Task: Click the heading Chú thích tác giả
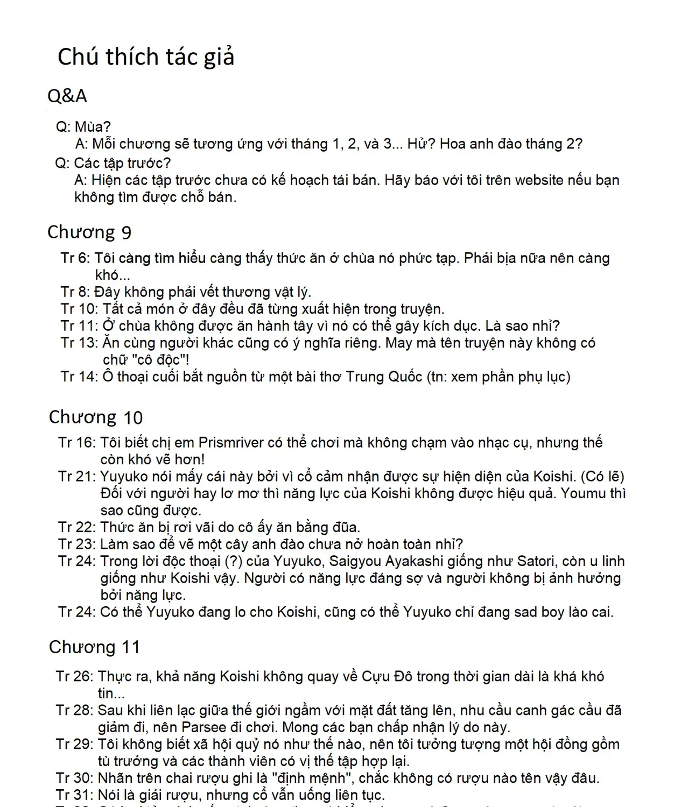coord(146,57)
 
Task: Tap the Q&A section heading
coord(67,96)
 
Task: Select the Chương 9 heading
coord(89,232)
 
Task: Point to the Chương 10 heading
coord(96,417)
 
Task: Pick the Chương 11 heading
coord(94,647)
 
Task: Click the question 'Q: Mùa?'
coord(83,127)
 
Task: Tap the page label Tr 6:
coord(75,258)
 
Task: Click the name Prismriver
coord(230,443)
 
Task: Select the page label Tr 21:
coord(77,477)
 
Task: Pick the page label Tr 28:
coord(74,710)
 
